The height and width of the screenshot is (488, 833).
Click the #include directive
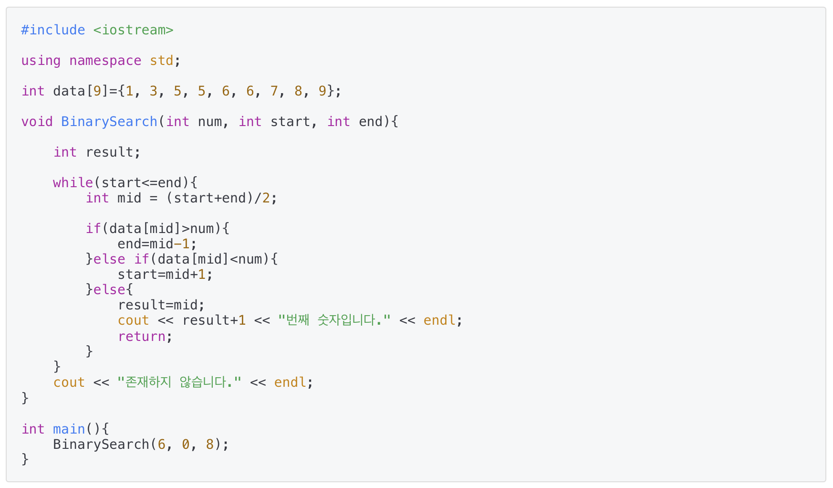(53, 30)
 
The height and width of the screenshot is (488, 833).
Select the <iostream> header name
(133, 30)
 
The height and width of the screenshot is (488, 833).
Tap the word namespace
(105, 61)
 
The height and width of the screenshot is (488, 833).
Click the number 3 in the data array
(153, 91)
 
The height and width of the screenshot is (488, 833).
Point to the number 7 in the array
(274, 91)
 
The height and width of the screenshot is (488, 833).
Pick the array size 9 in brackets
(97, 91)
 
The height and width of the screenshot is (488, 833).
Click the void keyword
(37, 122)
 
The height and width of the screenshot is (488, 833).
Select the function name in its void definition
(109, 122)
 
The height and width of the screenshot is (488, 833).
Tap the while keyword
(73, 183)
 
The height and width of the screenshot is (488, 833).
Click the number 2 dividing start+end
(266, 198)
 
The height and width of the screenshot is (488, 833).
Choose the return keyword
(142, 337)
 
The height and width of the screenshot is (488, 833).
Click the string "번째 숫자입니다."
(334, 320)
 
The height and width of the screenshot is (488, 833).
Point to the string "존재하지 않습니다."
(179, 382)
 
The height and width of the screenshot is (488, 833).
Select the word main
(69, 429)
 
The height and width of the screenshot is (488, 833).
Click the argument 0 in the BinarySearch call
(186, 445)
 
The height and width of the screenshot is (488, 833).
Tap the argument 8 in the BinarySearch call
(210, 445)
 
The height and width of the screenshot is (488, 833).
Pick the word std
(161, 61)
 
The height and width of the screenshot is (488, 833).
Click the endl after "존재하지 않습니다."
(290, 382)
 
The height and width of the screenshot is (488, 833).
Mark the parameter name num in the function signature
(209, 122)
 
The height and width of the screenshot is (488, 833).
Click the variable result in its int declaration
(109, 152)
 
